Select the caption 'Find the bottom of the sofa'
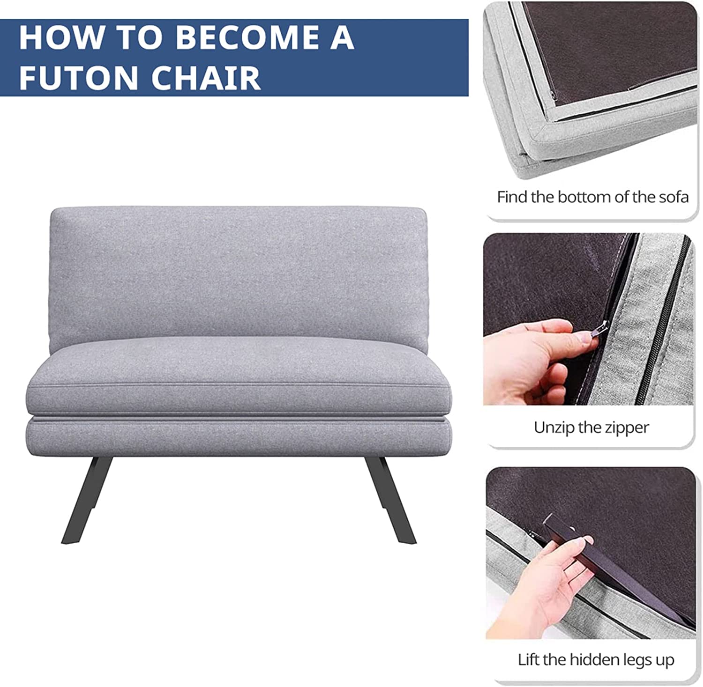(x=592, y=197)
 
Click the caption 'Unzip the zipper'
(x=591, y=427)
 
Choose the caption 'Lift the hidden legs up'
(x=596, y=659)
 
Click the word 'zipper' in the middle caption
(x=625, y=427)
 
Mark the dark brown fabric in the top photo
(x=609, y=42)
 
